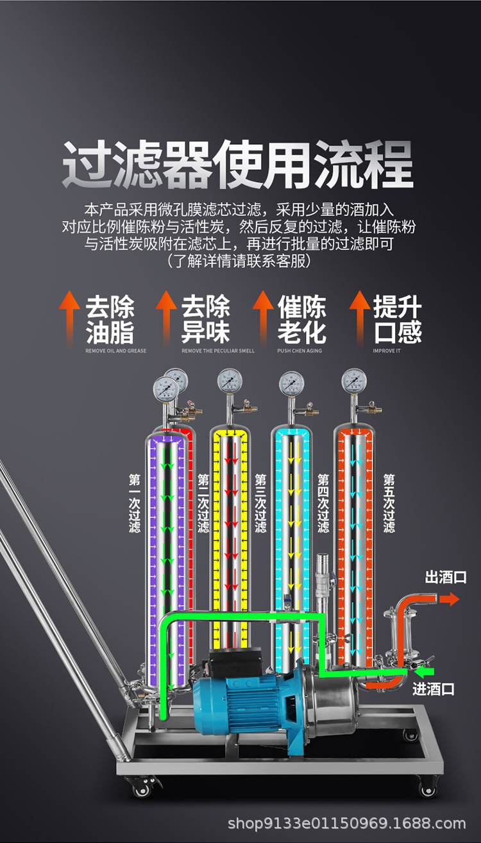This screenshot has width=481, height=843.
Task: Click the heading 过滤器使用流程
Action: pyautogui.click(x=237, y=165)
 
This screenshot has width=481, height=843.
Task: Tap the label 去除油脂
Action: pyautogui.click(x=110, y=319)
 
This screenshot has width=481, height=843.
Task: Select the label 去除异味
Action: pyautogui.click(x=205, y=319)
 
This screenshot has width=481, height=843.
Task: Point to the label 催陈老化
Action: pyautogui.click(x=301, y=319)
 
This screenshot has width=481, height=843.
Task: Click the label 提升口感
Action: pyautogui.click(x=398, y=319)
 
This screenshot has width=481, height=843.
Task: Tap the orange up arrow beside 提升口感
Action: pyautogui.click(x=360, y=317)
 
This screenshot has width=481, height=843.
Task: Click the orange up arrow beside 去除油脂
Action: pyautogui.click(x=70, y=317)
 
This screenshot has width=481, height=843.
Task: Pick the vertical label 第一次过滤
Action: pyautogui.click(x=135, y=503)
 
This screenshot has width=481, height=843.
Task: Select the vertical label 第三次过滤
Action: pyautogui.click(x=260, y=503)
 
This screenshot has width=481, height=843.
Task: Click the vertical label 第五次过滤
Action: pyautogui.click(x=389, y=503)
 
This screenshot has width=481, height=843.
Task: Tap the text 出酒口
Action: pyautogui.click(x=446, y=578)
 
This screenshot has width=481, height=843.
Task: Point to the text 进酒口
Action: pyautogui.click(x=434, y=689)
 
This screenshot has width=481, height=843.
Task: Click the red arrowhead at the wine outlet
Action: pyautogui.click(x=453, y=599)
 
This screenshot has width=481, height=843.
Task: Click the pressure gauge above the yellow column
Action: pyautogui.click(x=230, y=381)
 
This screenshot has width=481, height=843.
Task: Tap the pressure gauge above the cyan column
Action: pyautogui.click(x=292, y=383)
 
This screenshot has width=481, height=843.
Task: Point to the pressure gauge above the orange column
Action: pyautogui.click(x=354, y=381)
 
